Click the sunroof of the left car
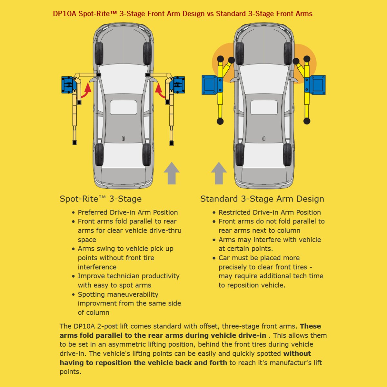124,107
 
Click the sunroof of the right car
264,107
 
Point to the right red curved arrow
160,91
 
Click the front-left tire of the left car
99,54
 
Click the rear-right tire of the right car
288,154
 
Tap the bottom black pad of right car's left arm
220,121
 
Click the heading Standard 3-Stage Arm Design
262,199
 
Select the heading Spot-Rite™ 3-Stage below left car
101,199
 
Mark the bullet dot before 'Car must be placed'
214,258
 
